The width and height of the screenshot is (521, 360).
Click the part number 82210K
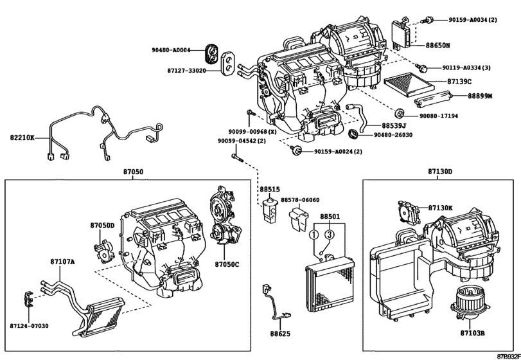[22, 137]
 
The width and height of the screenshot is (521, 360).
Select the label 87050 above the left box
[133, 172]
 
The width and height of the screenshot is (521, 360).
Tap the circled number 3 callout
[329, 235]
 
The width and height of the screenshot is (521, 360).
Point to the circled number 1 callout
[314, 235]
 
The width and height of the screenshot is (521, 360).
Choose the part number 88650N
[437, 45]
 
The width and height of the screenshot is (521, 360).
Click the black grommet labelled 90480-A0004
[211, 55]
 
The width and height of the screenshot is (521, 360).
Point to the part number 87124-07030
[29, 326]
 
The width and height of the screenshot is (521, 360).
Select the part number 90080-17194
[439, 116]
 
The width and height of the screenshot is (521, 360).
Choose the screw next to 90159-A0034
[427, 20]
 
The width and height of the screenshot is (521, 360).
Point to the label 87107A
[62, 262]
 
